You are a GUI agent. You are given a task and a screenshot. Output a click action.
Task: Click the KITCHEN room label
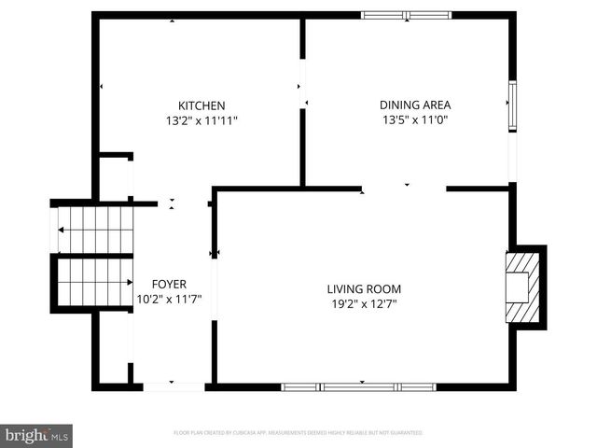click(201, 105)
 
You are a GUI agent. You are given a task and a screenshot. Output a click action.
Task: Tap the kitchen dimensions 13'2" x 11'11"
click(201, 120)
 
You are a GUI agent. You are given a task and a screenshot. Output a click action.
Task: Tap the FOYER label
click(169, 284)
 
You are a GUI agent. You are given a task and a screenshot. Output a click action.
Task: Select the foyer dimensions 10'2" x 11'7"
click(169, 299)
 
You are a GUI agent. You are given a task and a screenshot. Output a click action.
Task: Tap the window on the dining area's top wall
click(406, 15)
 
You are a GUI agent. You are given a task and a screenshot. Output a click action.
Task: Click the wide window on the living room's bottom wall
click(359, 386)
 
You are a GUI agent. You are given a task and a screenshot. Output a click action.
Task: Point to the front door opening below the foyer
click(174, 385)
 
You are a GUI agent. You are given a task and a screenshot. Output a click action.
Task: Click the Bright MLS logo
click(36, 434)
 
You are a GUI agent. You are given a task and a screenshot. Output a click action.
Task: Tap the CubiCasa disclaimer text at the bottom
click(298, 433)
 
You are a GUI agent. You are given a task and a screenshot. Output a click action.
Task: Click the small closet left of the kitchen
click(115, 178)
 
